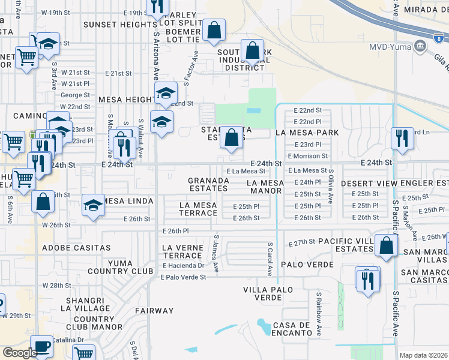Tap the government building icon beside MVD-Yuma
(x=421, y=46)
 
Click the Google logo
(x=20, y=353)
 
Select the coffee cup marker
(x=41, y=346)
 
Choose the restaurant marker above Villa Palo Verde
(x=367, y=278)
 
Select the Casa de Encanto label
(x=291, y=329)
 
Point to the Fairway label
(x=154, y=311)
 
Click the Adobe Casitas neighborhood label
(x=76, y=247)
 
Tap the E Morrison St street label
(x=307, y=156)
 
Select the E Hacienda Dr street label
(x=183, y=265)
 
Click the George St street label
(x=75, y=95)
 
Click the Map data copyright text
(x=424, y=355)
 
